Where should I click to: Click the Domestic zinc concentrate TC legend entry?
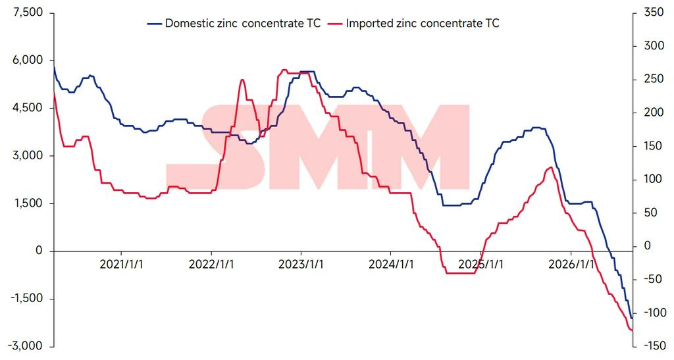234,23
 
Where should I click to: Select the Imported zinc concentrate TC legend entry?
413,23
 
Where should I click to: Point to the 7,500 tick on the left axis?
28,13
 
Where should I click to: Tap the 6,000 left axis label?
28,60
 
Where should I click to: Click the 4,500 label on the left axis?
28,108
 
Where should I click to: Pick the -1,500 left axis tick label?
26,299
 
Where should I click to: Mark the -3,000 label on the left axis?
26,346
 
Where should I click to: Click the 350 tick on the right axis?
654,13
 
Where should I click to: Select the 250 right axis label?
654,79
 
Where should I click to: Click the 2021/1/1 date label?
121,264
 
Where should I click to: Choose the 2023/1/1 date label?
301,264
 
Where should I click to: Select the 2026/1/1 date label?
571,264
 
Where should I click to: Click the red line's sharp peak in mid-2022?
242,80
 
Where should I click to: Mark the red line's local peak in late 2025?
552,167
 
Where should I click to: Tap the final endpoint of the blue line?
632,319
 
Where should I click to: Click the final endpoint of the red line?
633,330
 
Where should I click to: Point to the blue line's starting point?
54,65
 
